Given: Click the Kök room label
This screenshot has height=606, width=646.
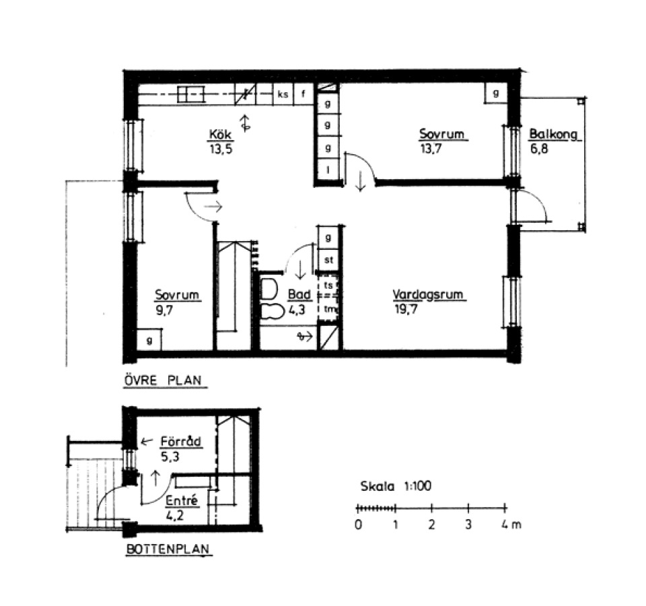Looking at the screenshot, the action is [221, 135].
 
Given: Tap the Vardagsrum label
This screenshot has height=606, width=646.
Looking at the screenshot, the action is [428, 295].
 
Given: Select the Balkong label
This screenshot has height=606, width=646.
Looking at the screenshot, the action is [553, 134].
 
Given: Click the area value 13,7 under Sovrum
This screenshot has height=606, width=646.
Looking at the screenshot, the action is [431, 148].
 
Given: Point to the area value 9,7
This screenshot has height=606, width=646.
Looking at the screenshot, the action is [164, 310].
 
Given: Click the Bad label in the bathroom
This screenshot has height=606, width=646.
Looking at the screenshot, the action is [299, 294].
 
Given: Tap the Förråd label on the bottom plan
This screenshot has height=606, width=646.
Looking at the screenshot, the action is [180, 442].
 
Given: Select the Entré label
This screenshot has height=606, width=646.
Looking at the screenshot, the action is [182, 500].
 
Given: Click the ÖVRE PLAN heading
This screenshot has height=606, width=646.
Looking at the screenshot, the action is [163, 380].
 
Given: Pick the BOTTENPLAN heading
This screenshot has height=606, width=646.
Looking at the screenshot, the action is [168, 549].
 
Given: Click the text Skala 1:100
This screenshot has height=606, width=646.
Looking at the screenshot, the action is [396, 486].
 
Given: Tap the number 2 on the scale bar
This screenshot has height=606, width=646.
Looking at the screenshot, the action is [431, 525].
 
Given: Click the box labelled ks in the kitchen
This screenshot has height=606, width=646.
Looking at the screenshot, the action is [283, 94].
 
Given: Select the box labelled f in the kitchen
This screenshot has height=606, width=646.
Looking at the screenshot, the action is [303, 94].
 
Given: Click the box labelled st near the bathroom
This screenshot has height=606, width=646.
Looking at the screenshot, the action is [328, 260].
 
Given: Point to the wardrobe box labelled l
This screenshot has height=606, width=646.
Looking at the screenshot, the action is [328, 170].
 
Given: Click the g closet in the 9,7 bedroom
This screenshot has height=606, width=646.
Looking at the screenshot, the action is [149, 341].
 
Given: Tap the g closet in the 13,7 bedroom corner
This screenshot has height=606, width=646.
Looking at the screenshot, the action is [496, 93].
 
